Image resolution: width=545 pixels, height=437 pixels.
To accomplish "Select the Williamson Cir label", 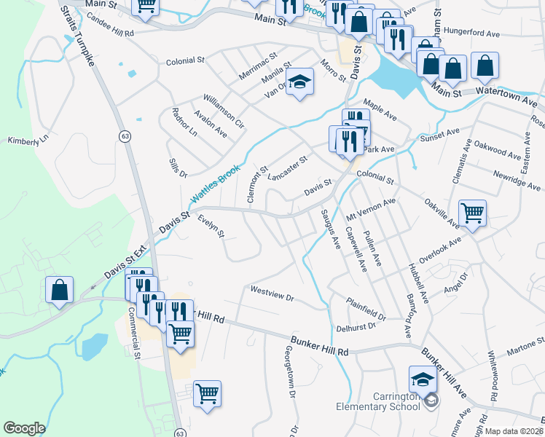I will coord(224,110).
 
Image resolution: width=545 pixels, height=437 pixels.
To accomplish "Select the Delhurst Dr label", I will coord(356,326).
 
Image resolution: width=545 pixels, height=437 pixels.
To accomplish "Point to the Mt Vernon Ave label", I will coord(370,211).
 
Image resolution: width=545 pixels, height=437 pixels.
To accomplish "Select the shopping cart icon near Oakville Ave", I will coord(472,213).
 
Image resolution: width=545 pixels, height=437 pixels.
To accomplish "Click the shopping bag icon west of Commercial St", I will coord(59,289).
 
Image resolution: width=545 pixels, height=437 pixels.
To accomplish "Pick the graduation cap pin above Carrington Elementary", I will coord(423,379).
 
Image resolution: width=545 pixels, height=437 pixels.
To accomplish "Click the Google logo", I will coord(24,428).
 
